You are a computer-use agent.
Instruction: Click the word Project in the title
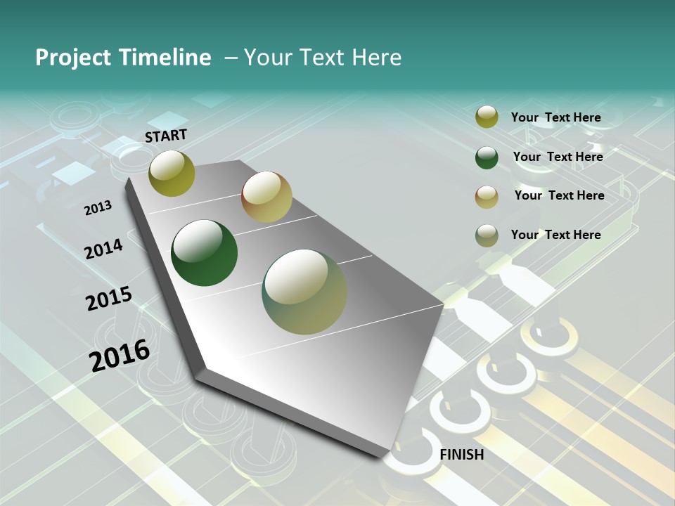pyautogui.click(x=72, y=58)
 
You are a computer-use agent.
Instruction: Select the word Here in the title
pyautogui.click(x=377, y=58)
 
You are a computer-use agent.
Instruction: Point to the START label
pyautogui.click(x=166, y=136)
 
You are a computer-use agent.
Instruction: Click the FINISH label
pyautogui.click(x=461, y=455)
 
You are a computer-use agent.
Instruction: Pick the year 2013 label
pyautogui.click(x=98, y=208)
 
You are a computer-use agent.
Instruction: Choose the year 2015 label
pyautogui.click(x=109, y=299)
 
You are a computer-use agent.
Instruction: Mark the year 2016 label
pyautogui.click(x=120, y=356)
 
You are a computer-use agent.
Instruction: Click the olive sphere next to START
pyautogui.click(x=172, y=173)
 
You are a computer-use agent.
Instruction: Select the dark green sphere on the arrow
pyautogui.click(x=204, y=253)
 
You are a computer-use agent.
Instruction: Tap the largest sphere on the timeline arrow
pyautogui.click(x=304, y=292)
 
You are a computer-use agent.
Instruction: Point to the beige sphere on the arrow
pyautogui.click(x=266, y=197)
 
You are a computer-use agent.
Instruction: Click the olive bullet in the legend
pyautogui.click(x=487, y=117)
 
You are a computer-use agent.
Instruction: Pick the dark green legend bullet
pyautogui.click(x=487, y=157)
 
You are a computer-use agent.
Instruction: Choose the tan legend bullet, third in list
pyautogui.click(x=487, y=196)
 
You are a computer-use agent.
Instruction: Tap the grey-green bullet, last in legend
pyautogui.click(x=487, y=235)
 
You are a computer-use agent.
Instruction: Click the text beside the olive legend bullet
pyautogui.click(x=555, y=117)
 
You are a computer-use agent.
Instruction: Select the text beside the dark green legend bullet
pyautogui.click(x=558, y=157)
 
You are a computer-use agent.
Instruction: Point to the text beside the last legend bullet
pyautogui.click(x=555, y=235)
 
